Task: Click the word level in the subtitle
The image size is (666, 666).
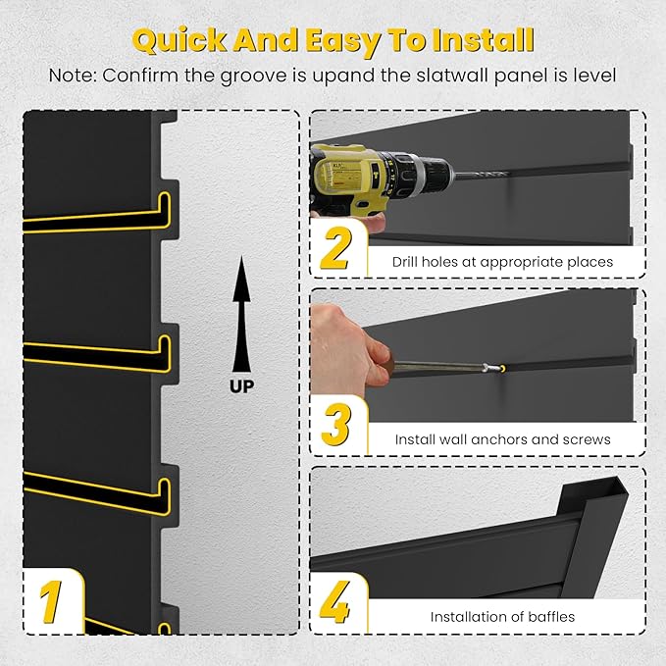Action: click(593, 76)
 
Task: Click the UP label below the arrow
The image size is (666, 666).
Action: click(241, 385)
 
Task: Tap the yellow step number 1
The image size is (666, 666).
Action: click(51, 600)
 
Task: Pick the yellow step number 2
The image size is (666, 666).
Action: click(336, 249)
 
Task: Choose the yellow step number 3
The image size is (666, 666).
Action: click(336, 425)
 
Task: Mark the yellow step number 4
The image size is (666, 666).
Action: click(336, 602)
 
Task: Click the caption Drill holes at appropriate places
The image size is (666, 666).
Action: click(502, 262)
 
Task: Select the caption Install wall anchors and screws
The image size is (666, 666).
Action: click(502, 439)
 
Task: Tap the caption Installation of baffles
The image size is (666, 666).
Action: click(502, 617)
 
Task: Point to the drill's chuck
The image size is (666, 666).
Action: click(432, 178)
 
